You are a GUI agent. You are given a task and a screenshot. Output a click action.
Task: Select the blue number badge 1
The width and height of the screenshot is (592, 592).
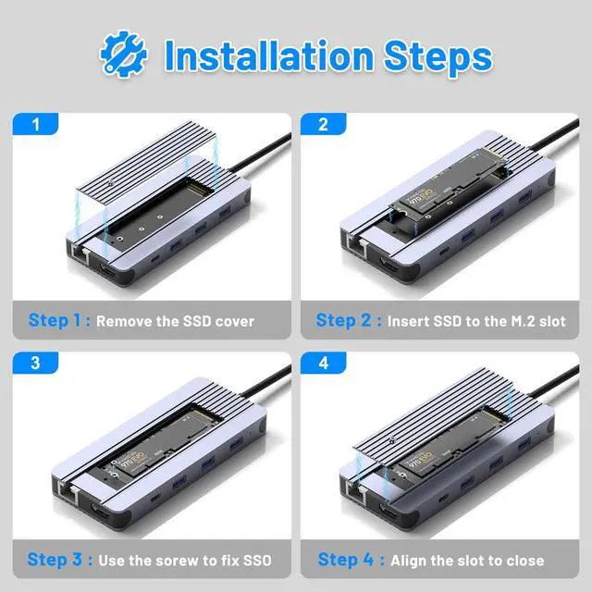[x=36, y=123]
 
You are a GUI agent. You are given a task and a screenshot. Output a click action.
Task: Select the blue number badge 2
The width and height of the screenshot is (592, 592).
[x=325, y=123]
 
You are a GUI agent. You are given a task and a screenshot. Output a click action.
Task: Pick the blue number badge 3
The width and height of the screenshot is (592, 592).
[x=36, y=363]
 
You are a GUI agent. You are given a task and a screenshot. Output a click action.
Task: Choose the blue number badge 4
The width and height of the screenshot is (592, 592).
[x=325, y=363]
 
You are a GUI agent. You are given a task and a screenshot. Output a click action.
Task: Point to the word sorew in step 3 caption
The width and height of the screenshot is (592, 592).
[x=179, y=561]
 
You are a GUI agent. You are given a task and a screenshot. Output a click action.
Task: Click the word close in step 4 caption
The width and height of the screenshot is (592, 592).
[x=524, y=561]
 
